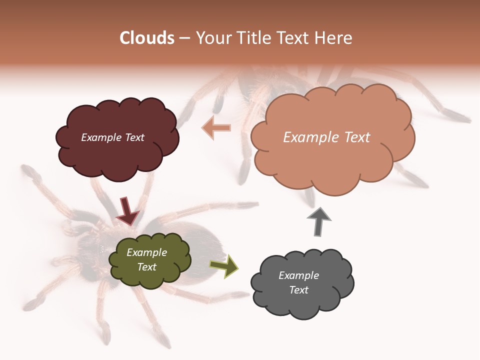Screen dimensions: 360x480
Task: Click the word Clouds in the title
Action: pos(147,38)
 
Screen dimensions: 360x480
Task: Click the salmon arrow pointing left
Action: pos(216,128)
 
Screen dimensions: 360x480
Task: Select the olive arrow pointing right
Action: pos(224,266)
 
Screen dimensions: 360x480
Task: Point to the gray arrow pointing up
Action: pos(319,221)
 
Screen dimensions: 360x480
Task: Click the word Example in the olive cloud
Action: pos(146,252)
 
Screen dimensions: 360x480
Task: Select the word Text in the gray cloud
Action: pos(298,290)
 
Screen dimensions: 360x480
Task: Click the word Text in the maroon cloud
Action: pos(134,137)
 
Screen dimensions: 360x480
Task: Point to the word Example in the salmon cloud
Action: pos(309,137)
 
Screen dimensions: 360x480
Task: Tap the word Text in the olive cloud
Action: pos(146,267)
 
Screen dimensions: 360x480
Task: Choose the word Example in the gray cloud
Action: pos(298,275)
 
